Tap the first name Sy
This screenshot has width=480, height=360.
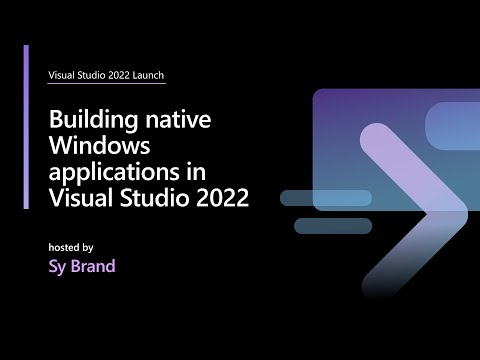tap(57, 267)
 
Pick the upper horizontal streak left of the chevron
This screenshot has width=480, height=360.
tap(325, 197)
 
